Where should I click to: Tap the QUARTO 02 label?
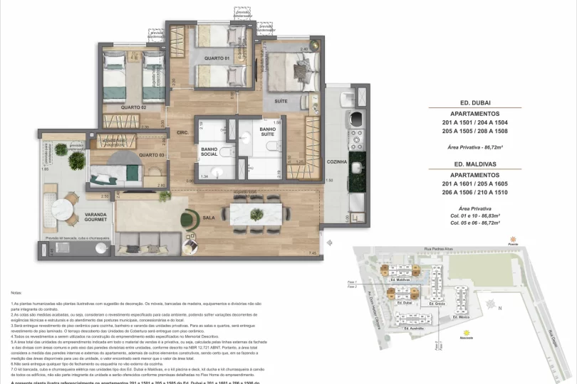(x=133, y=107)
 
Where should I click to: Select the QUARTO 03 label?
(x=151, y=155)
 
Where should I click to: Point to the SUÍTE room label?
(x=281, y=101)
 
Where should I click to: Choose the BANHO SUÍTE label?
(x=267, y=131)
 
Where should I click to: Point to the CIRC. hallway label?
(x=182, y=132)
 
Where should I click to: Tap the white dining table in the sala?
(x=252, y=213)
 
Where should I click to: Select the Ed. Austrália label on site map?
(x=415, y=329)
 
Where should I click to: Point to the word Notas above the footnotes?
(x=17, y=292)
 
